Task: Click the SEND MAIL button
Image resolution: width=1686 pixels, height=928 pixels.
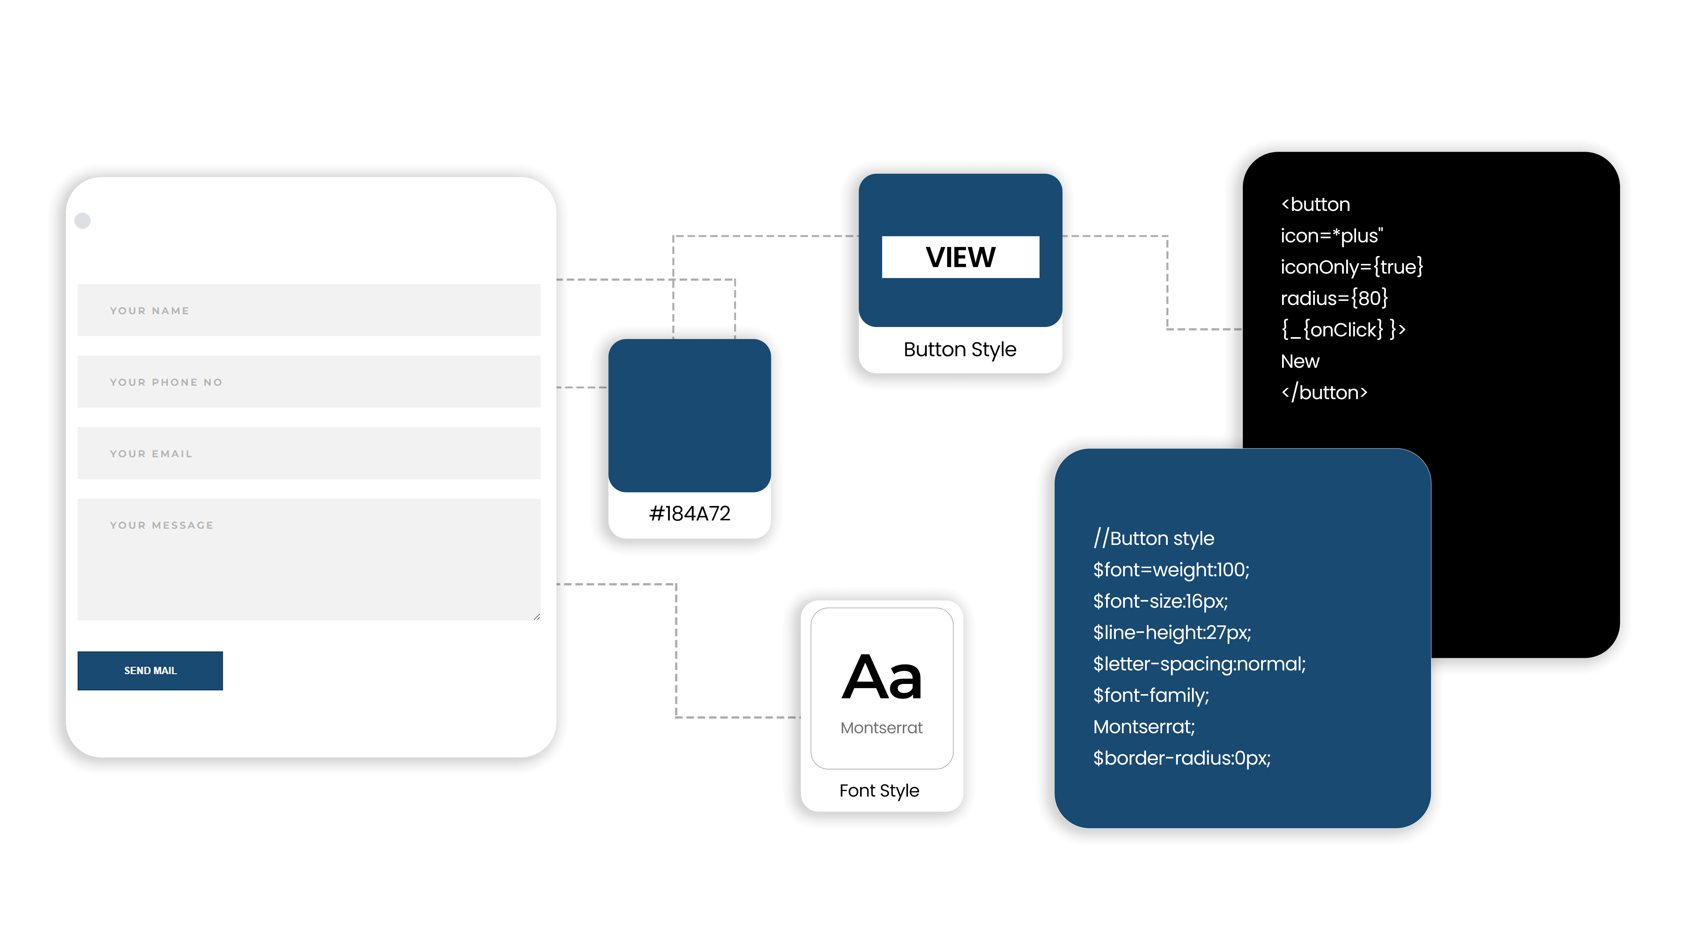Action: [150, 670]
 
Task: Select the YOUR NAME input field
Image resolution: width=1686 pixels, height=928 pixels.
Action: [309, 310]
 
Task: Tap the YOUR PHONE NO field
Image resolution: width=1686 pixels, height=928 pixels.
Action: [309, 382]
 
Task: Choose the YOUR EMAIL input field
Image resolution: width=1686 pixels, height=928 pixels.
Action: [309, 453]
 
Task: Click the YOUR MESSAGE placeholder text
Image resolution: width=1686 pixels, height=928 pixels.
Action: [162, 525]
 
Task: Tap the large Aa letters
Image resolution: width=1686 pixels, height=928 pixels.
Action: [881, 677]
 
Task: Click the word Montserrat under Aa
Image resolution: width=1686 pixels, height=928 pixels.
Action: [881, 728]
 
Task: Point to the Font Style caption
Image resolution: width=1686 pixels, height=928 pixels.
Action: [879, 790]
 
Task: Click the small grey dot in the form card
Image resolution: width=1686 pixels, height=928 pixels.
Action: [83, 221]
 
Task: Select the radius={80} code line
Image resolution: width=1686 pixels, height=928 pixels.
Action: [1334, 298]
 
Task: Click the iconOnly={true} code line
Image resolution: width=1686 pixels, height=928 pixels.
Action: [1352, 267]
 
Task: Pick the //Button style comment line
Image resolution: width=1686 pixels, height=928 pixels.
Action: [1153, 538]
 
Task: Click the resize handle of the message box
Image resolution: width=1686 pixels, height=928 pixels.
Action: [537, 616]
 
